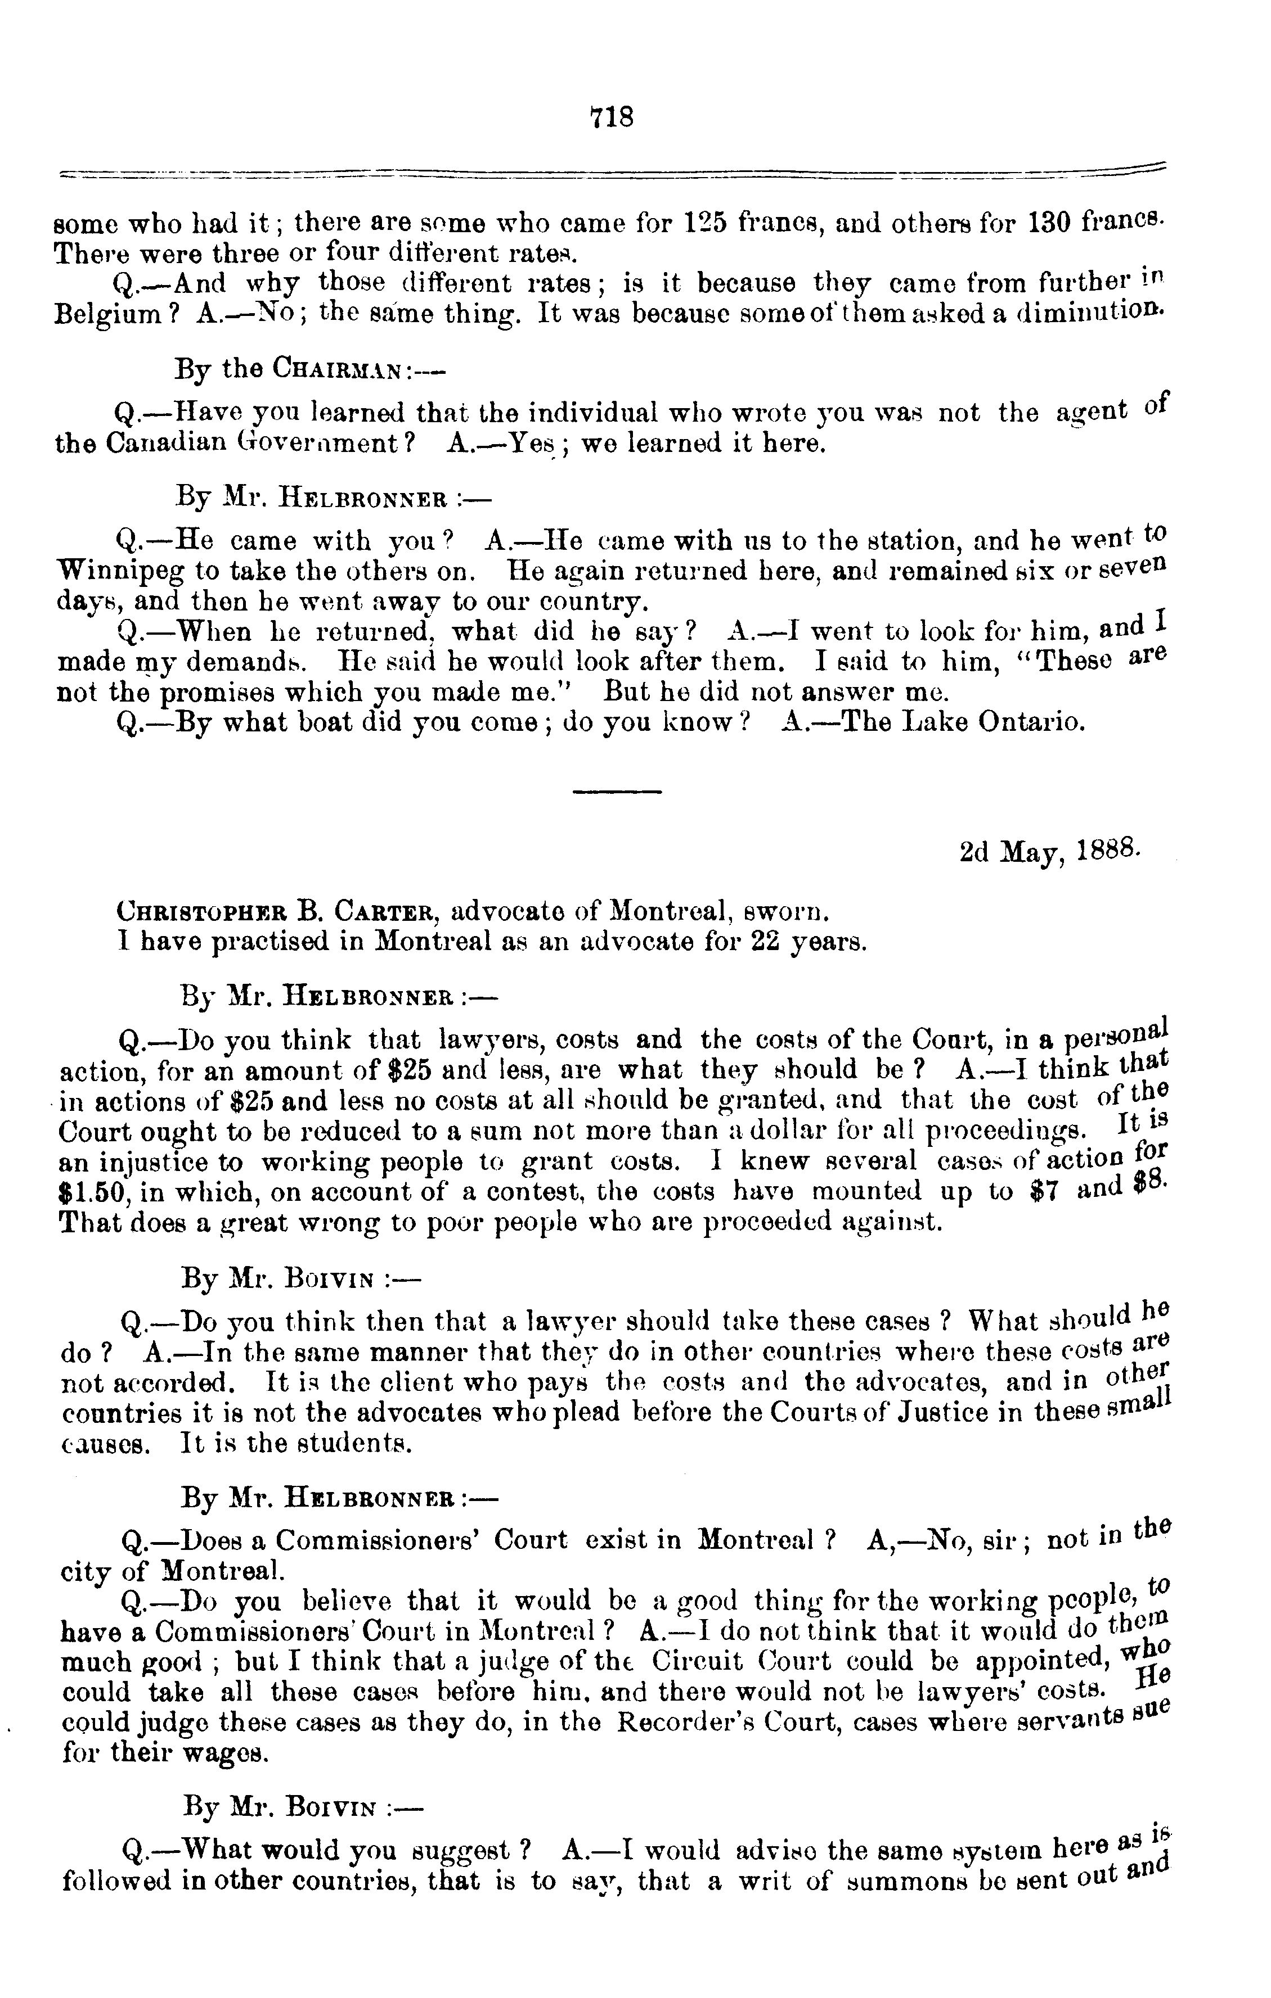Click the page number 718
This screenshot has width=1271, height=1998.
pyautogui.click(x=611, y=117)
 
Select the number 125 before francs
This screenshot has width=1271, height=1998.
pyautogui.click(x=707, y=223)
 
